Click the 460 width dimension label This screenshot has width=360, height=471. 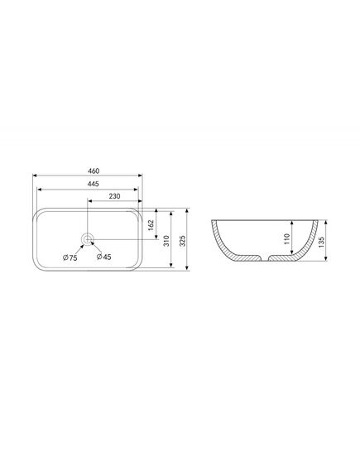[94, 171]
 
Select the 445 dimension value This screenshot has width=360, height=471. [94, 184]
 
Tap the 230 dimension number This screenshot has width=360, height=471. [114, 196]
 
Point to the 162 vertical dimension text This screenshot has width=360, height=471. [151, 225]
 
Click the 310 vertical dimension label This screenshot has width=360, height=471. [166, 241]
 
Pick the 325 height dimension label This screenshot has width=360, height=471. [183, 241]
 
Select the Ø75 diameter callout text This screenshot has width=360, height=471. [70, 257]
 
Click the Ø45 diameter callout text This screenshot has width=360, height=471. [104, 257]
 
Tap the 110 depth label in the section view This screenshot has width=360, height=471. [286, 238]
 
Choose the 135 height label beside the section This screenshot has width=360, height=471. [321, 242]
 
